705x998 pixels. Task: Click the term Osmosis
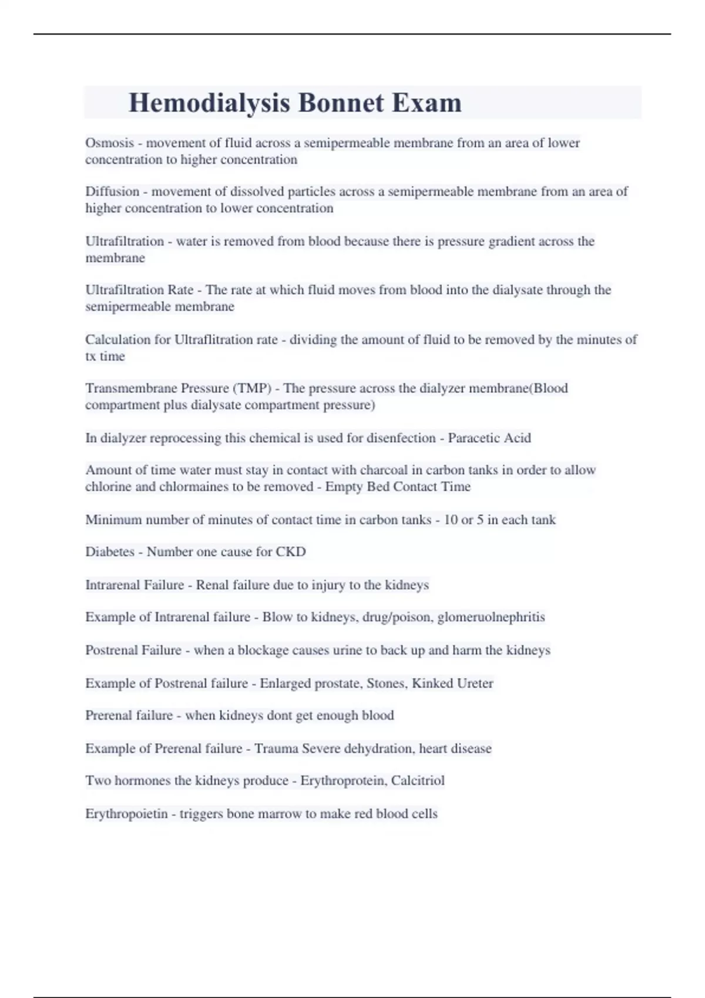tap(109, 143)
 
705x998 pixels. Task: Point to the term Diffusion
tap(112, 191)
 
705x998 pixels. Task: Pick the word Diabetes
tap(110, 552)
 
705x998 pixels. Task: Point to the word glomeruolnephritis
tap(491, 617)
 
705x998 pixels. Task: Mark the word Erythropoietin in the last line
tap(126, 814)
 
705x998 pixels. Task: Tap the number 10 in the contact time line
tap(451, 520)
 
